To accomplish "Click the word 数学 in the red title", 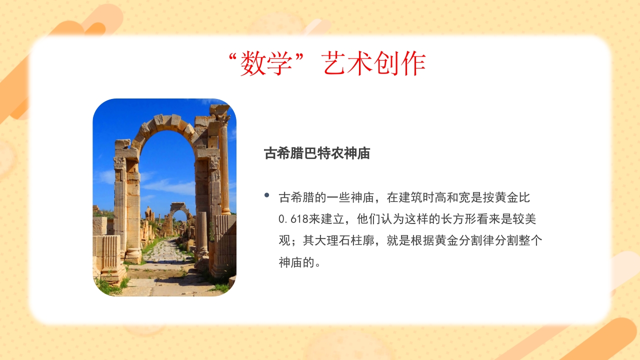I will pyautogui.click(x=265, y=64).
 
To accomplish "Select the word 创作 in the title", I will pyautogui.click(x=400, y=64).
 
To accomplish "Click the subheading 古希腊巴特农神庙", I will pyautogui.click(x=317, y=153).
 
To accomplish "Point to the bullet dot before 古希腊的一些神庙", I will pyautogui.click(x=267, y=195).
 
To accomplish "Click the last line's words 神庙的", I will pyautogui.click(x=296, y=262).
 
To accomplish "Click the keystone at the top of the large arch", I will pyautogui.click(x=164, y=120).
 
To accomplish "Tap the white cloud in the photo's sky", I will pyautogui.click(x=170, y=187).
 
